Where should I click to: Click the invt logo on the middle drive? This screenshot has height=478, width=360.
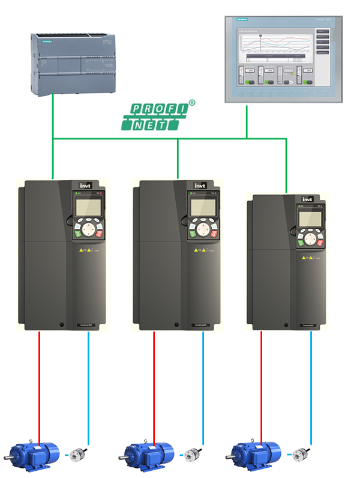click(x=200, y=185)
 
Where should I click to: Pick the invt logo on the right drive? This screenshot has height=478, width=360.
click(x=308, y=199)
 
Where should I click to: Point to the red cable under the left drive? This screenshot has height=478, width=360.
click(x=40, y=384)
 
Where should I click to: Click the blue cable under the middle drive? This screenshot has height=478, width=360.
click(x=203, y=384)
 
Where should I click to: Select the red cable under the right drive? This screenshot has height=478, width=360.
click(x=261, y=384)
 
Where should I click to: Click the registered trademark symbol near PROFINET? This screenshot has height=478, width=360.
click(x=191, y=103)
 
